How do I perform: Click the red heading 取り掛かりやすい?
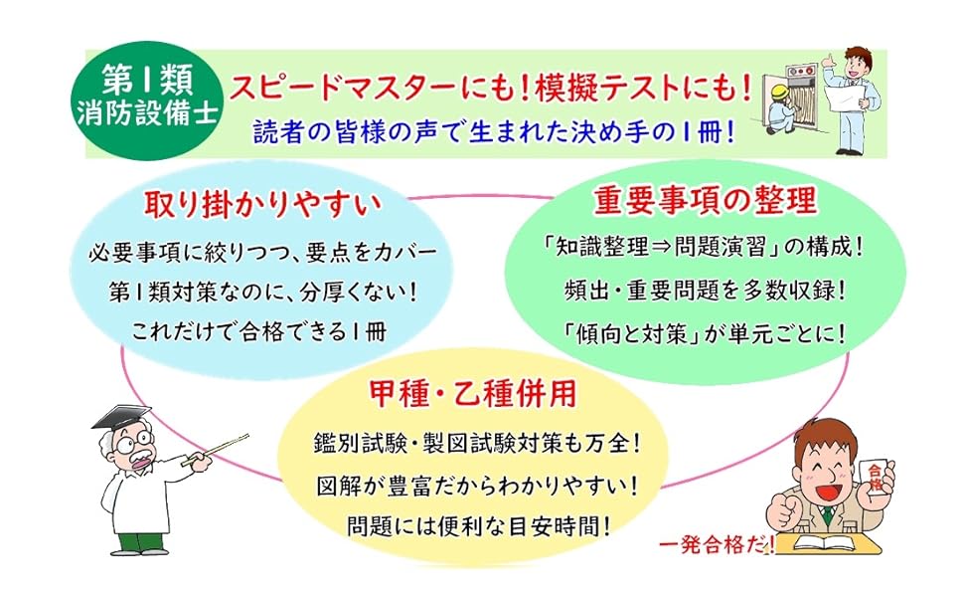[x=263, y=205]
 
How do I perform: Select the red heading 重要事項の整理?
[x=705, y=200]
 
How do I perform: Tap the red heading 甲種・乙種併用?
[x=472, y=393]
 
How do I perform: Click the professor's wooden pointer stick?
[x=216, y=448]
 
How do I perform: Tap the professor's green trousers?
[x=136, y=541]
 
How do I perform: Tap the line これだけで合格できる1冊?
[x=258, y=332]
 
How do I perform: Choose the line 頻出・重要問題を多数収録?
[x=705, y=290]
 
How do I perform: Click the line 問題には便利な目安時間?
[x=479, y=526]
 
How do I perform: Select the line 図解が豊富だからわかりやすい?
[x=477, y=485]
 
